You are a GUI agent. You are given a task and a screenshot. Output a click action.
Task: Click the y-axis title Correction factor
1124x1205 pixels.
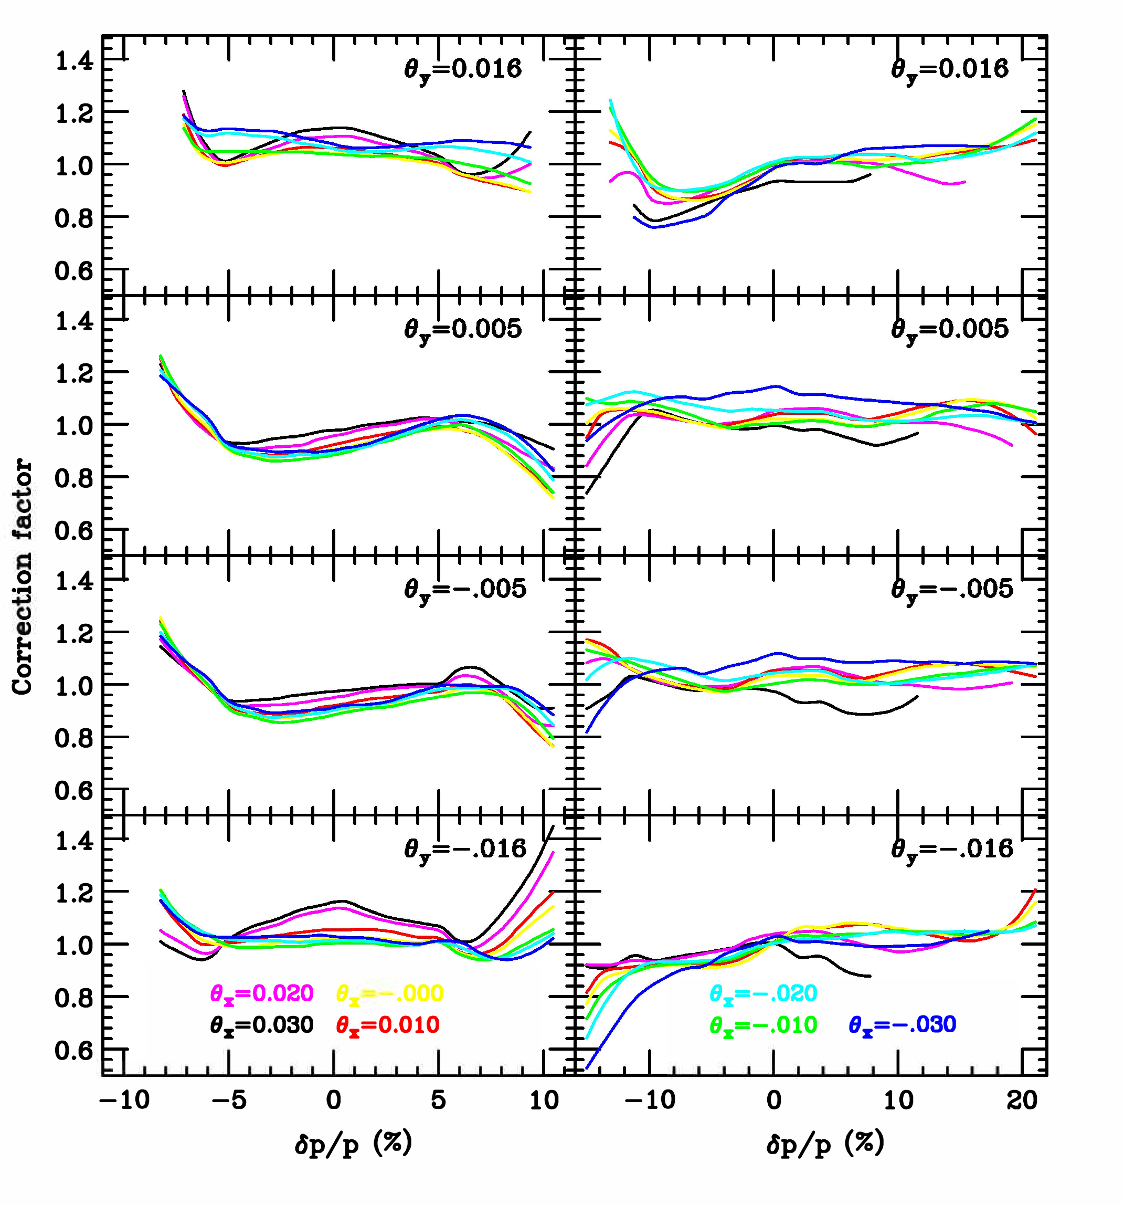click(x=22, y=577)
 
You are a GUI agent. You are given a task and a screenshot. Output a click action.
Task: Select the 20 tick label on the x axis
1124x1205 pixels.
click(x=1023, y=1100)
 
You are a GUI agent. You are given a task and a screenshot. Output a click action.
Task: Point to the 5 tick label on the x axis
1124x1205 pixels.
click(x=438, y=1100)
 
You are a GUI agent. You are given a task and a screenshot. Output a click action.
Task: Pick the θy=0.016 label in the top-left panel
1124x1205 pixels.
click(x=463, y=70)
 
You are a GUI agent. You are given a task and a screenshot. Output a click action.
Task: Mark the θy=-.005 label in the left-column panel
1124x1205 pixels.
click(x=465, y=589)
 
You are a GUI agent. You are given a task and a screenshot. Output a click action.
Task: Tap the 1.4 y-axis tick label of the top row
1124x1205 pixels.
click(x=75, y=61)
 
